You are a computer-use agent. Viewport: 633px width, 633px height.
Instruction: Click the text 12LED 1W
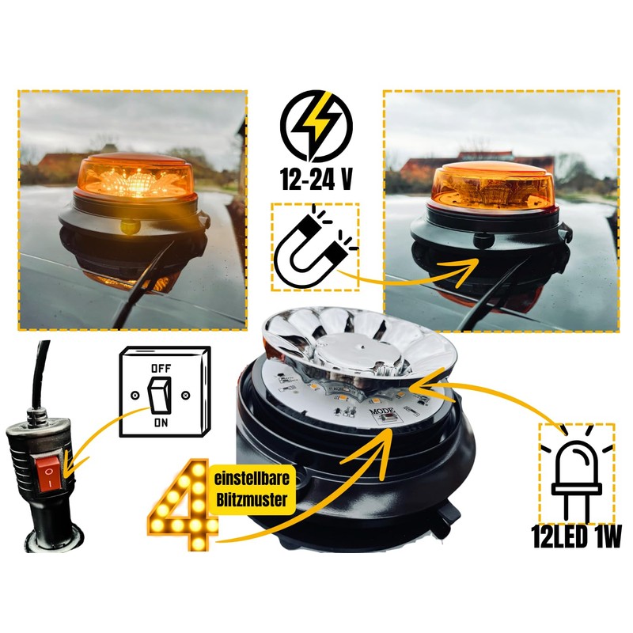click(x=577, y=539)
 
